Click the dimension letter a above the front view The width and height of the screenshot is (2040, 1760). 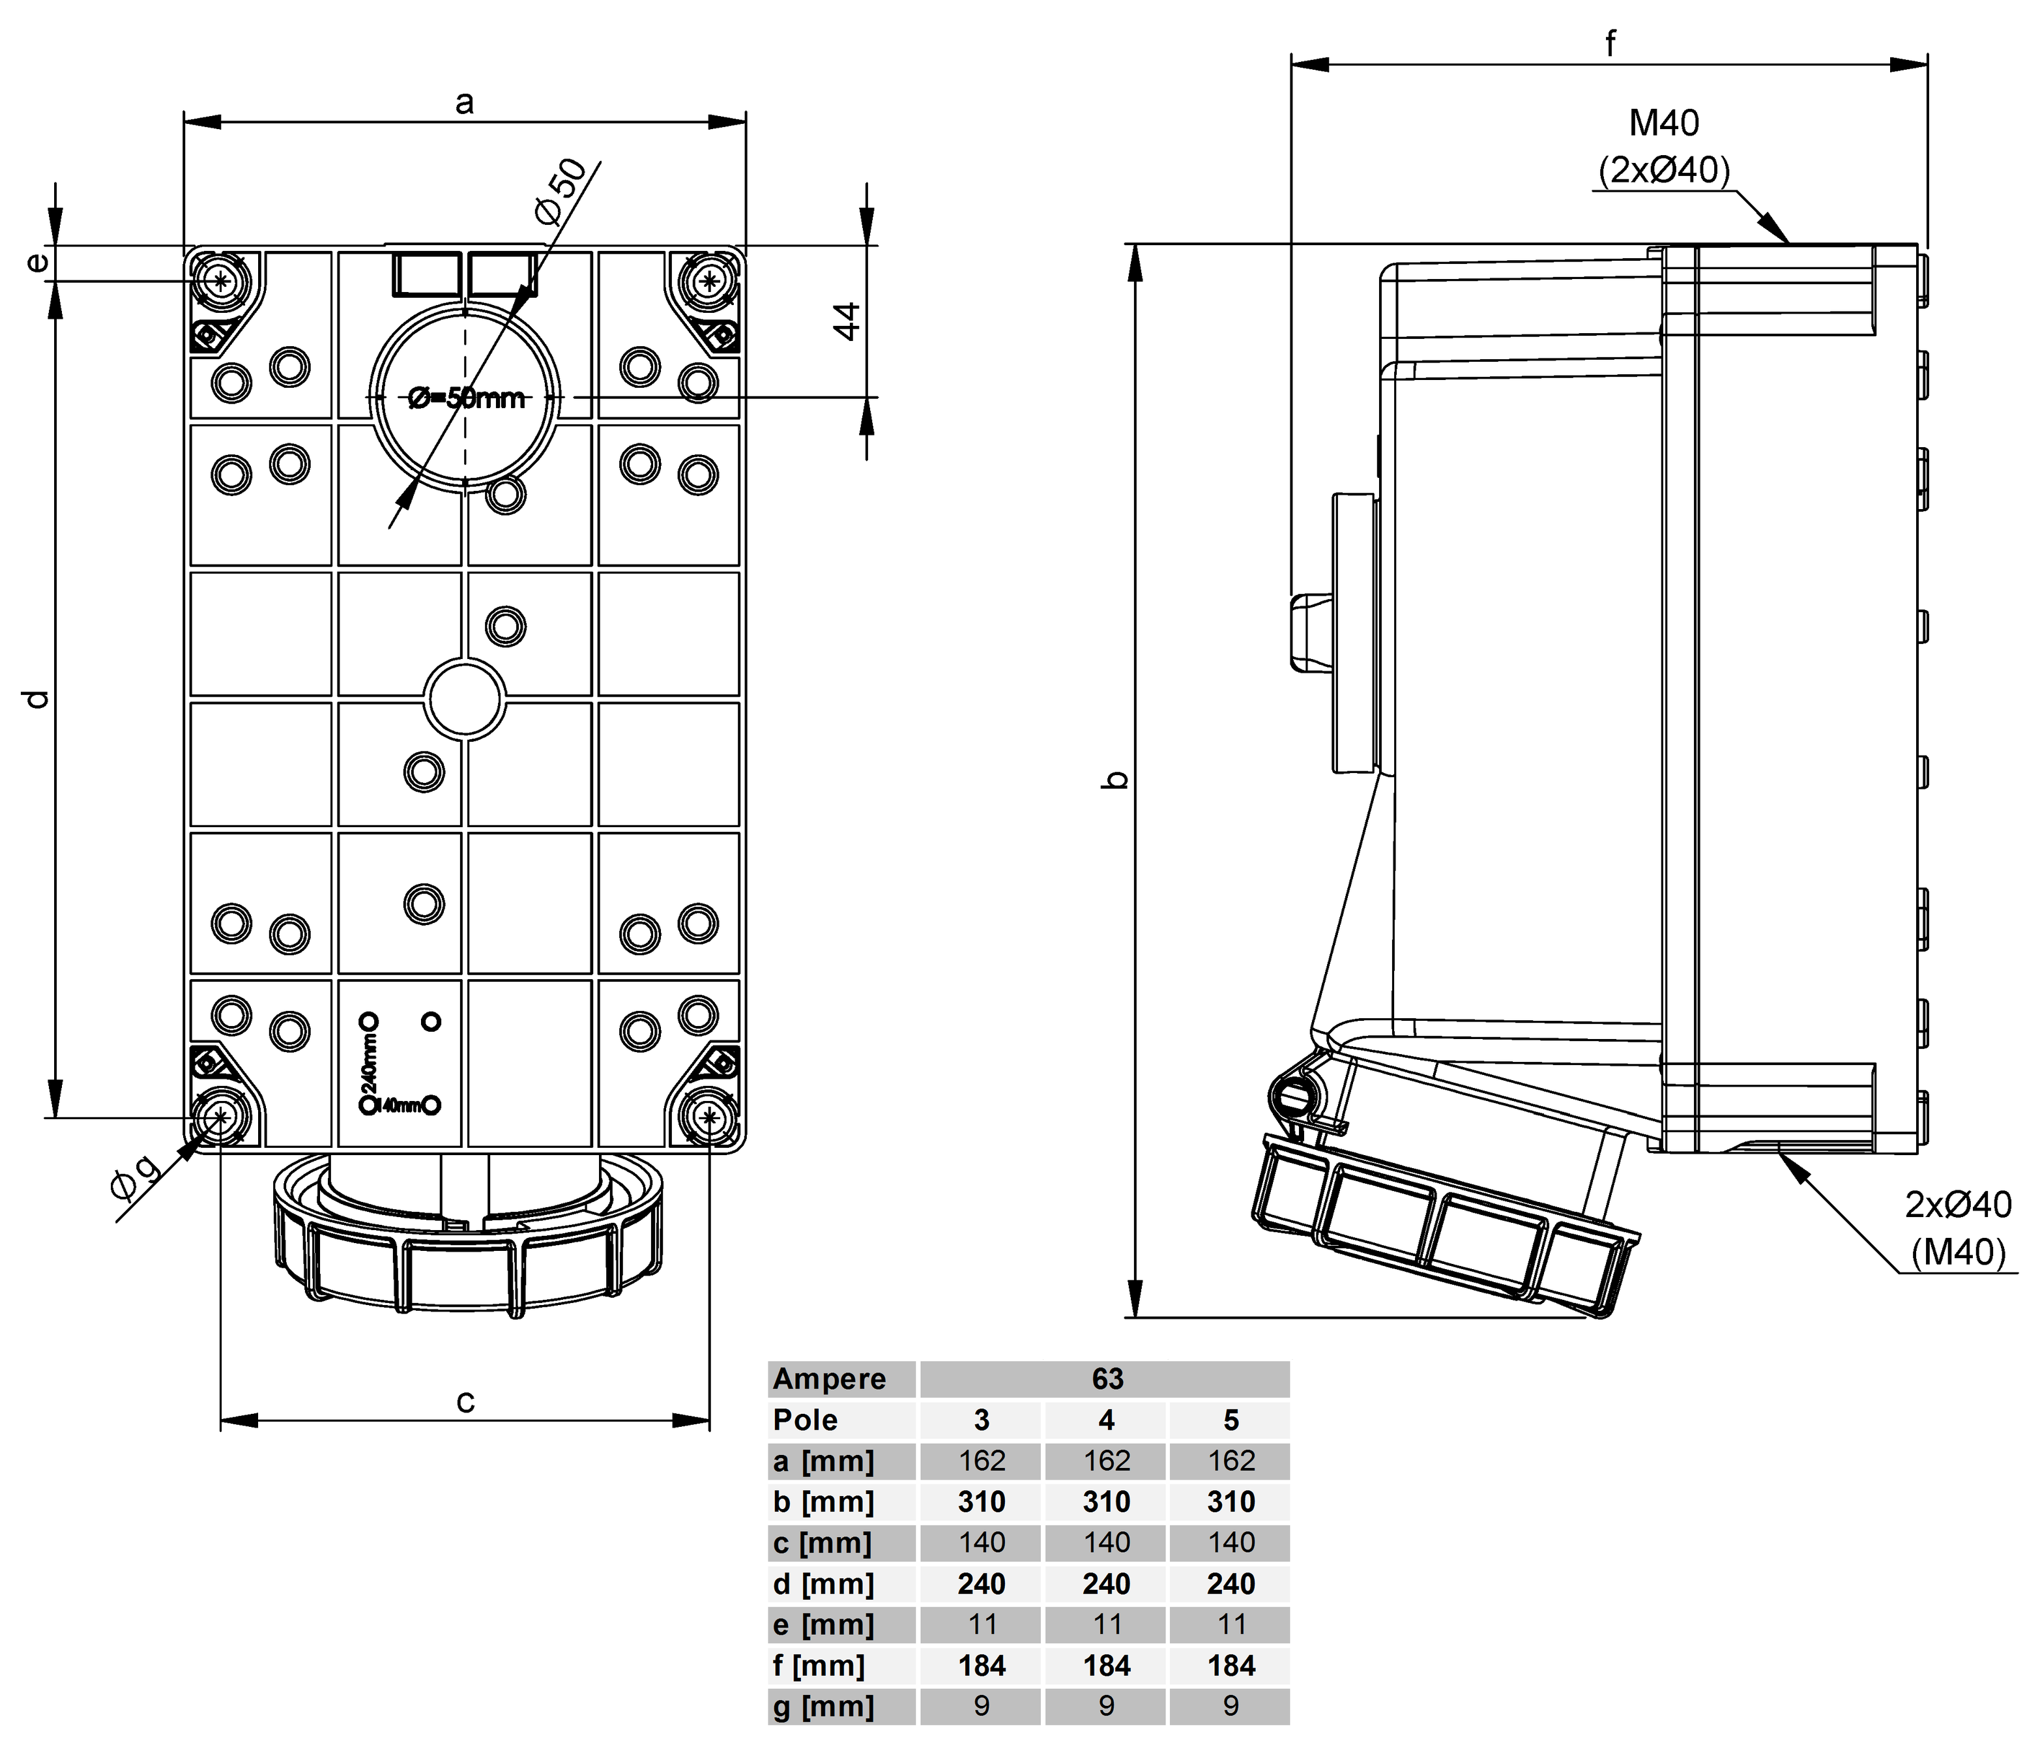465,102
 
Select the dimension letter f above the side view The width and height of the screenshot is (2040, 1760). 1610,43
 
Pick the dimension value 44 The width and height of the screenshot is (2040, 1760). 847,321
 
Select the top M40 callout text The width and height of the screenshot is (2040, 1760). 1664,123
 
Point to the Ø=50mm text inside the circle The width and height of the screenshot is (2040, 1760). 467,398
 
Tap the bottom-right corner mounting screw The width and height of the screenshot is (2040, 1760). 710,1117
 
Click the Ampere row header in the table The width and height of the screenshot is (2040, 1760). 829,1379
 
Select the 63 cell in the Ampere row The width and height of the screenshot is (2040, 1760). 1107,1379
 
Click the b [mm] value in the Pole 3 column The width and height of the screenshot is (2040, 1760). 982,1501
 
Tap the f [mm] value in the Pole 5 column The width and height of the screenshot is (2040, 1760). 1231,1665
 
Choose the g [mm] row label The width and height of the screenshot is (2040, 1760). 823,1706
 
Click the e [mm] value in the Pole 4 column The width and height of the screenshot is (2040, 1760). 1107,1624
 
